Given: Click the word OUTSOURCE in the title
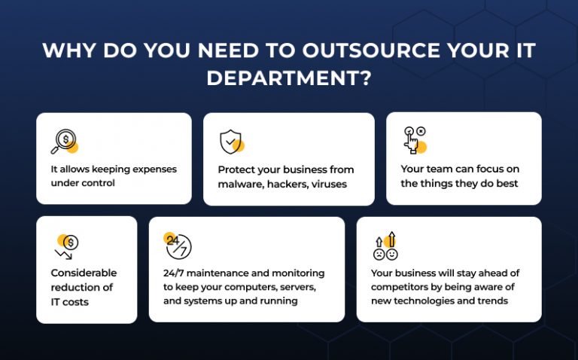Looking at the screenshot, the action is (x=371, y=50).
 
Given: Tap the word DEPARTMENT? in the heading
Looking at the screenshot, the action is (x=289, y=78).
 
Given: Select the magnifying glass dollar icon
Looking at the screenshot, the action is (x=65, y=142).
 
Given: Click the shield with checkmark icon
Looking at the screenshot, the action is (x=232, y=142).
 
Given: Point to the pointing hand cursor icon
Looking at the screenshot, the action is (x=415, y=140).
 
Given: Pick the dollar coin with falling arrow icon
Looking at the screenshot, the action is (x=67, y=246).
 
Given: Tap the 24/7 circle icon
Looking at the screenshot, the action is (x=178, y=246).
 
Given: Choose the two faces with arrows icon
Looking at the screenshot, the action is (x=385, y=246).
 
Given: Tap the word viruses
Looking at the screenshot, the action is (x=329, y=184).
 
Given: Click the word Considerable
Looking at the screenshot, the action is (x=84, y=273).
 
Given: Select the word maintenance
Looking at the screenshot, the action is (x=218, y=273).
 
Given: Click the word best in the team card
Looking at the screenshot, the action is (x=507, y=183).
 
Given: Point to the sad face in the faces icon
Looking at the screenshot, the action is (x=379, y=255).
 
